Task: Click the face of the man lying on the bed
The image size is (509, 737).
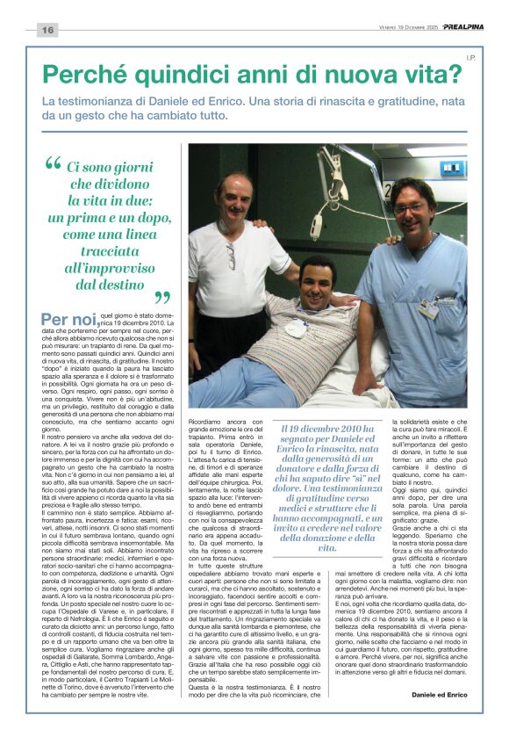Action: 319,279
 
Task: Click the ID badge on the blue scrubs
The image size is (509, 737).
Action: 427,309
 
